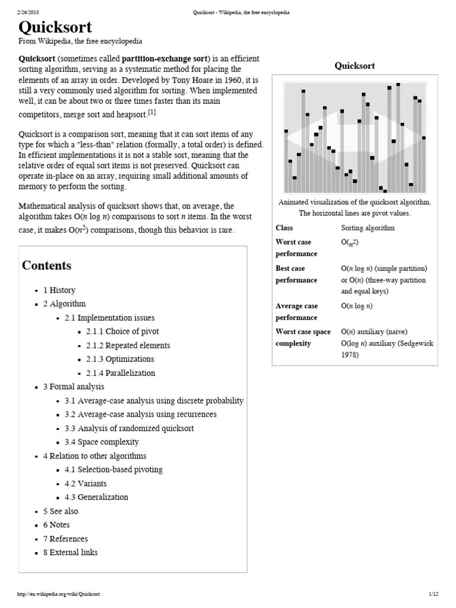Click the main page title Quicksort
pyautogui.click(x=55, y=28)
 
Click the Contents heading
pyautogui.click(x=46, y=265)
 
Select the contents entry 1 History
pyautogui.click(x=59, y=290)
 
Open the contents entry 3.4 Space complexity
pyautogui.click(x=102, y=442)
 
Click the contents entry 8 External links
pyautogui.click(x=70, y=552)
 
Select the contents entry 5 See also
pyautogui.click(x=60, y=511)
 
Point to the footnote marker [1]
pyautogui.click(x=152, y=112)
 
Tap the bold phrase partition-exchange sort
pyautogui.click(x=165, y=59)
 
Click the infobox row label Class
pyautogui.click(x=284, y=228)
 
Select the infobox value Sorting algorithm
pyautogui.click(x=368, y=228)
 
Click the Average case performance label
pyautogui.click(x=297, y=312)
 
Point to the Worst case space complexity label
pyautogui.click(x=303, y=338)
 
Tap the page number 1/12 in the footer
pyautogui.click(x=432, y=594)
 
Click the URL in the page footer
pyautogui.click(x=59, y=594)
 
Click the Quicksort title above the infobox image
pyautogui.click(x=354, y=66)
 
